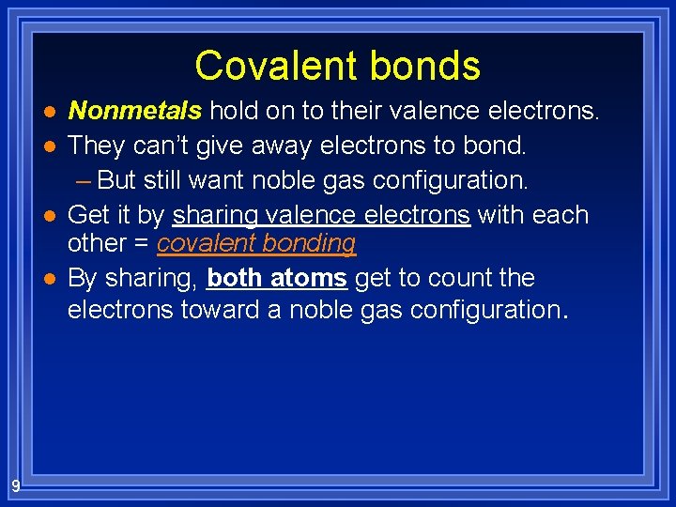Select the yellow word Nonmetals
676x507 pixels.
pyautogui.click(x=135, y=111)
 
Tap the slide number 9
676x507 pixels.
pyautogui.click(x=16, y=485)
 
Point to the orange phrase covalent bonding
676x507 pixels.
pyautogui.click(x=256, y=244)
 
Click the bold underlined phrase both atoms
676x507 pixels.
pyautogui.click(x=277, y=278)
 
